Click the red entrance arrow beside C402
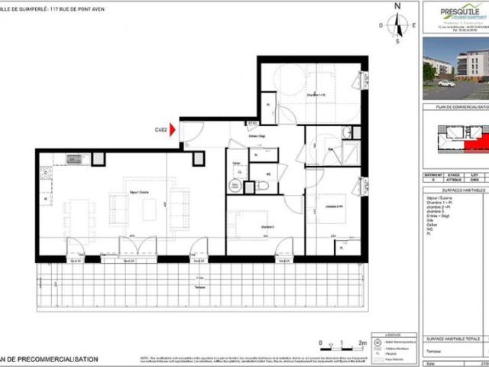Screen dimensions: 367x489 pos(173,131)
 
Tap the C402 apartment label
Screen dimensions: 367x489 pos(160,131)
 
